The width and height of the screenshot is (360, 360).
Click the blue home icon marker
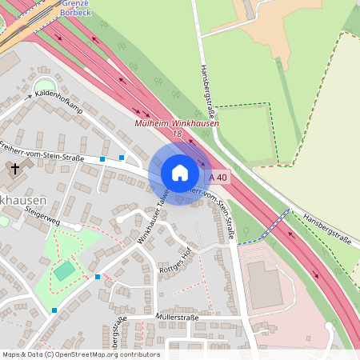tap(179, 173)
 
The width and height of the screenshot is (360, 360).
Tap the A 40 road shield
tap(218, 177)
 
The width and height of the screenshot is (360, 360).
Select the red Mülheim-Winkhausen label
tap(177, 124)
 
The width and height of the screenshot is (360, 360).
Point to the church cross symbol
tap(14, 169)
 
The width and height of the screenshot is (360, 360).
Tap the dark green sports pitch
tap(64, 270)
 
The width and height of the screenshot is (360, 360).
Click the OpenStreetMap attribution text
tap(80, 354)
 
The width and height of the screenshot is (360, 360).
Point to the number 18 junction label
tap(177, 134)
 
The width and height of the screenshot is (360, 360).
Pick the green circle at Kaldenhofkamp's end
tap(43, 86)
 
